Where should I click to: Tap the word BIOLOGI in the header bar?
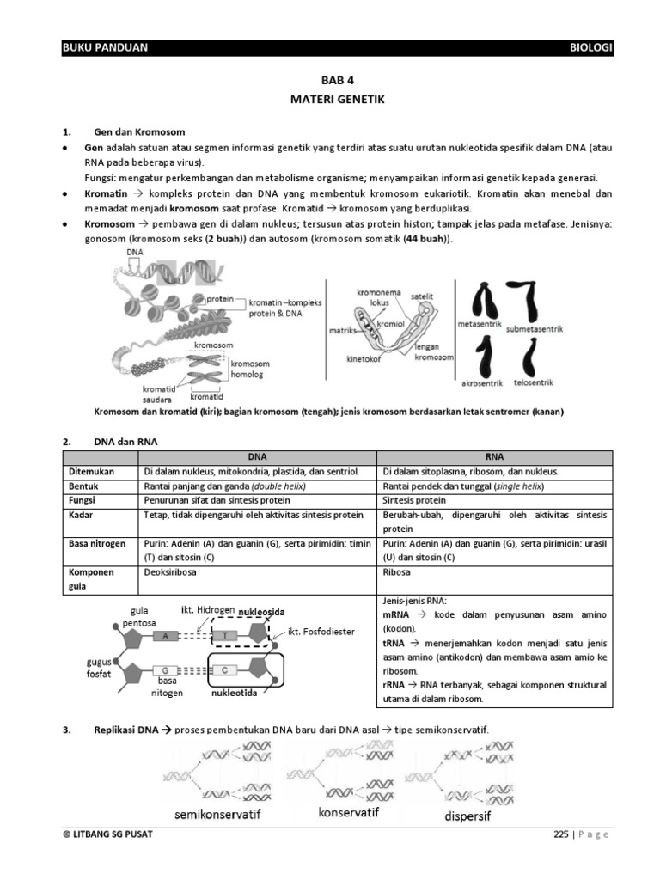point(591,48)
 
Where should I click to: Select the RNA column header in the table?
point(494,458)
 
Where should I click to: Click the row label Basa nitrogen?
point(93,543)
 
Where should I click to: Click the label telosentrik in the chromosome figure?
point(533,381)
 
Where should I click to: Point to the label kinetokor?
point(364,359)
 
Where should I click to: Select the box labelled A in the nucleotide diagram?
point(165,637)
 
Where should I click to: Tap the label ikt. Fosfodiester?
point(321,631)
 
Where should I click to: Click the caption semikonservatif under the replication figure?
point(217,814)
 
